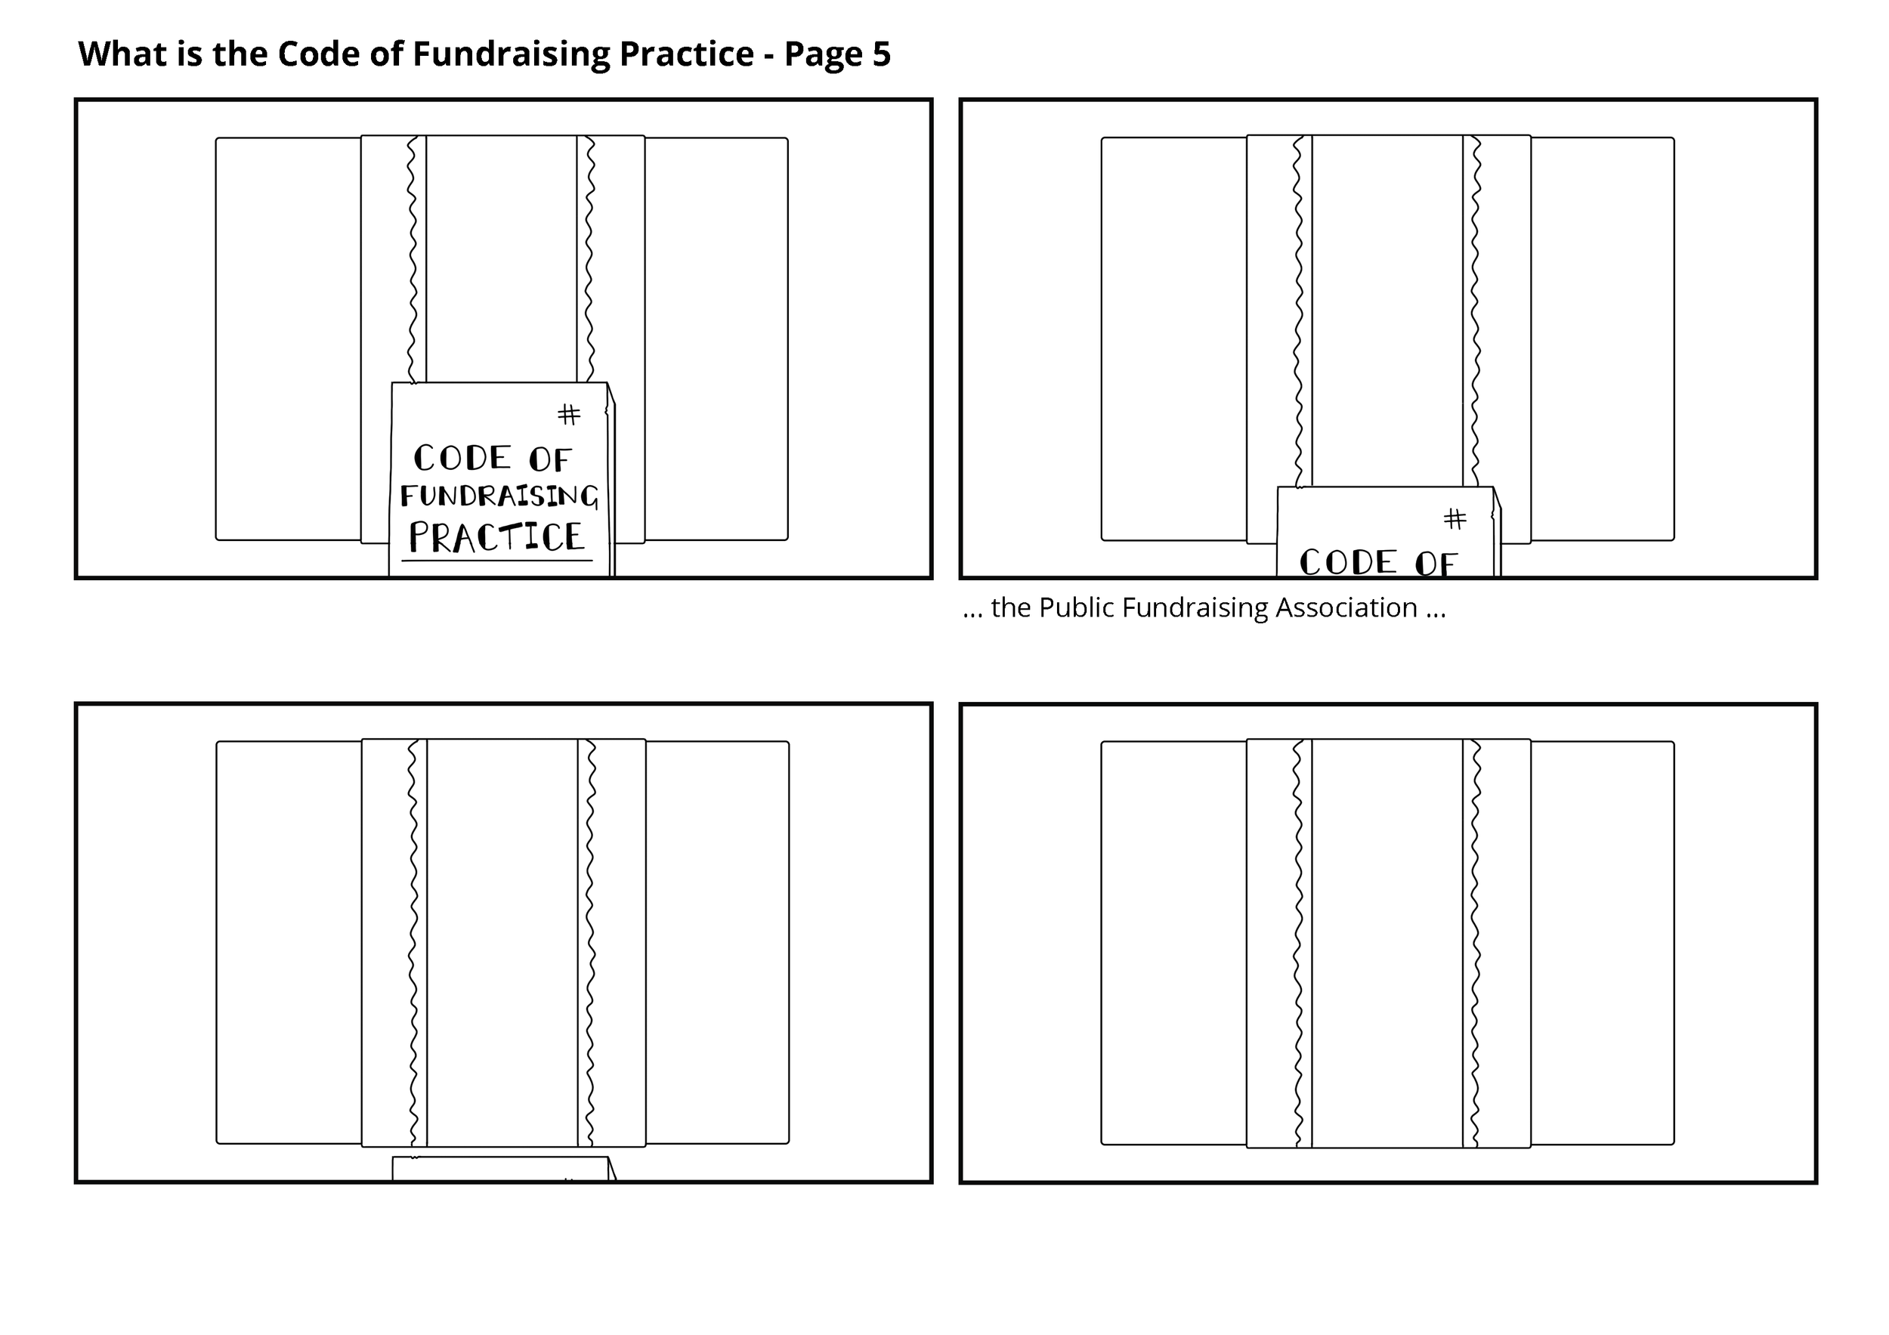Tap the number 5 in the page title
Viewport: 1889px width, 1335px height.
881,54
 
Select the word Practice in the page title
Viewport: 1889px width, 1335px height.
685,54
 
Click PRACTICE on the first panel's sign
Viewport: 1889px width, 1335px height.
497,537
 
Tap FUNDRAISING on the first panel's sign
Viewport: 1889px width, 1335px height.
499,496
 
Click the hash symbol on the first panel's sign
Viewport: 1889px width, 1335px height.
568,414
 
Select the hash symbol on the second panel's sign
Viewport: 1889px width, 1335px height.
1455,518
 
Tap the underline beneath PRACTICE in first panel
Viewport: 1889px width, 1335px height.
497,562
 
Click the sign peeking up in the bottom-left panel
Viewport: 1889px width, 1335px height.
500,1168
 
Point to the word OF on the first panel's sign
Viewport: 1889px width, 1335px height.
549,460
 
